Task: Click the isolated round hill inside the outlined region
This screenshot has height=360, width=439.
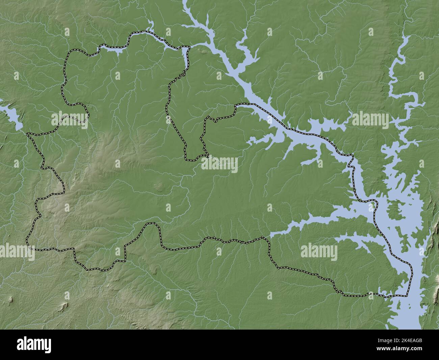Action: pos(158,186)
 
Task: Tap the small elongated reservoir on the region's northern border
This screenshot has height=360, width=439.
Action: pos(111,50)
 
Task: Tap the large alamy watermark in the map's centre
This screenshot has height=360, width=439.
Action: pos(219,165)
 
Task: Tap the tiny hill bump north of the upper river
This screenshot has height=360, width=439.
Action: pos(204,51)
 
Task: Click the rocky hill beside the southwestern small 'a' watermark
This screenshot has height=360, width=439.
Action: pos(63,306)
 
